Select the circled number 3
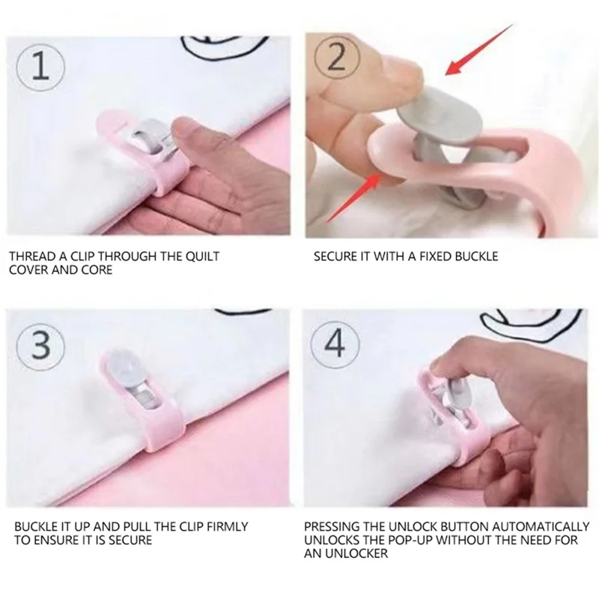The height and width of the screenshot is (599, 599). pyautogui.click(x=40, y=346)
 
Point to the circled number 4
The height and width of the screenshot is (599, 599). pyautogui.click(x=335, y=345)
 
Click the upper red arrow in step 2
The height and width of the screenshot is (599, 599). pyautogui.click(x=479, y=49)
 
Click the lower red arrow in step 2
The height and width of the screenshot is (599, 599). pyautogui.click(x=354, y=197)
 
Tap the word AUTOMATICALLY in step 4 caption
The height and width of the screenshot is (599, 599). pyautogui.click(x=541, y=526)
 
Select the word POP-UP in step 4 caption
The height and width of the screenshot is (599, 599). pyautogui.click(x=454, y=540)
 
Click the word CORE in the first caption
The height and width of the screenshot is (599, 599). pyautogui.click(x=97, y=270)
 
